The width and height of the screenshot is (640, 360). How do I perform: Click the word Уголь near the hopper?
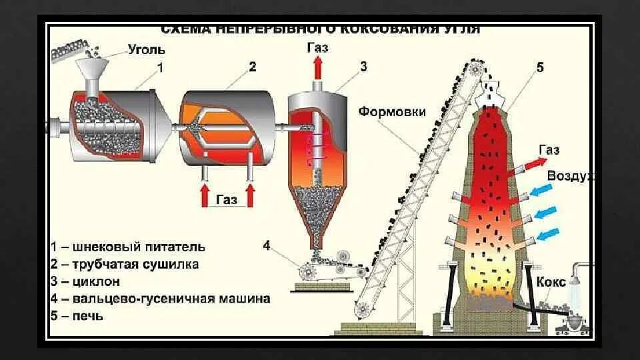[146, 50]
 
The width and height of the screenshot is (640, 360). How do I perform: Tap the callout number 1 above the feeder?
[160, 67]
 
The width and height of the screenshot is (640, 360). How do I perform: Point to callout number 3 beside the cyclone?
[363, 67]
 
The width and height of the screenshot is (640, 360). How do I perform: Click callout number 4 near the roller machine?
[267, 245]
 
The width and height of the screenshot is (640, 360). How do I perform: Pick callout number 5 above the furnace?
[539, 67]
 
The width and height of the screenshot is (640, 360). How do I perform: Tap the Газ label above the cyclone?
[317, 47]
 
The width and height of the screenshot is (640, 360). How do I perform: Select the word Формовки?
[391, 111]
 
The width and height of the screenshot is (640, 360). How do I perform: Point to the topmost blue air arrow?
[544, 191]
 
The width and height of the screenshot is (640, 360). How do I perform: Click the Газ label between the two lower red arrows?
[227, 199]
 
